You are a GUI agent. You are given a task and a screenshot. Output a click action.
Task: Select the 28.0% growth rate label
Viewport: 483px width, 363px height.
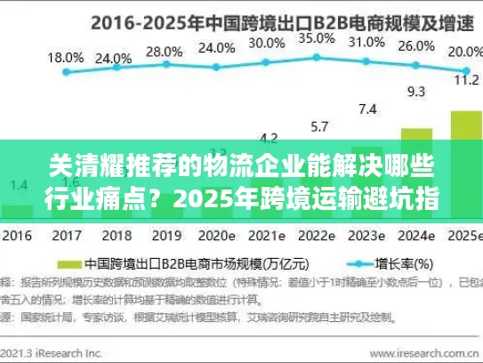[x=163, y=52]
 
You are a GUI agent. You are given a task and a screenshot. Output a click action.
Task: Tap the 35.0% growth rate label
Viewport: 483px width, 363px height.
[x=316, y=38]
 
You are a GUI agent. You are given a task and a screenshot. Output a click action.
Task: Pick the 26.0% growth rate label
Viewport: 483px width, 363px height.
[x=416, y=46]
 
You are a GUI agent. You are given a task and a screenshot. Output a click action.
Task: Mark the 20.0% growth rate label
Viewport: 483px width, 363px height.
[x=463, y=52]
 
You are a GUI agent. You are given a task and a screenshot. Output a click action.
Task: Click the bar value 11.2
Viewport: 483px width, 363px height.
[x=464, y=78]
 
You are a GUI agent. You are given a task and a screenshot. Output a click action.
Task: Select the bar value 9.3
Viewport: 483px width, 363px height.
[x=416, y=90]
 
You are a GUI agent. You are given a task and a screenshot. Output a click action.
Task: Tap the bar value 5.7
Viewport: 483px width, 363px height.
[x=318, y=126]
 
